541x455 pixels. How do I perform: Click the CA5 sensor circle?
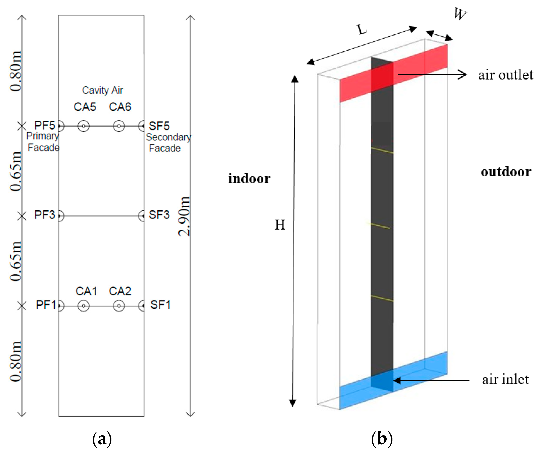83,126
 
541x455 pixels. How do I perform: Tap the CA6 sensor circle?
119,126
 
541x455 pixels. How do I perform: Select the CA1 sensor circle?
83,306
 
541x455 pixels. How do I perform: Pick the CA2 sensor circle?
119,306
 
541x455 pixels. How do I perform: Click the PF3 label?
45,215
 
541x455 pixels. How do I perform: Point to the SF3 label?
159,215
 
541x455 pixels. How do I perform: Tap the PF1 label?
46,305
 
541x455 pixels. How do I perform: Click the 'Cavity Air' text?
102,90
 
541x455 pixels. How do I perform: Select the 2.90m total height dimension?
184,216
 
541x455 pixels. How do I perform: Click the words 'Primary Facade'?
43,142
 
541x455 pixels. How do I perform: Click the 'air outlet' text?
505,75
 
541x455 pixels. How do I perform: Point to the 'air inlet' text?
505,379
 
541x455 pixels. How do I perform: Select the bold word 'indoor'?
249,179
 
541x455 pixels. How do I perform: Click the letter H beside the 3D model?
280,225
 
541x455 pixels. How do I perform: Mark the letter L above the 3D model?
362,30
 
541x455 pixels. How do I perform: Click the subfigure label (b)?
382,439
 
